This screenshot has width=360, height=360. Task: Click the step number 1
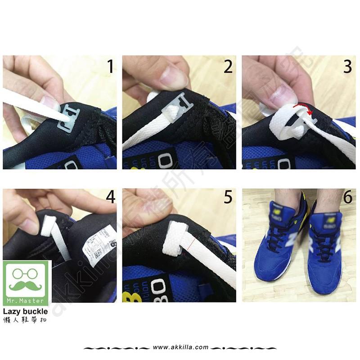coord(110,66)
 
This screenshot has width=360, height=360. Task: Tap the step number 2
coord(228,66)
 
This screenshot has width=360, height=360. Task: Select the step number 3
coord(347,66)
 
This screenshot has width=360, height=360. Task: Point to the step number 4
coord(110,198)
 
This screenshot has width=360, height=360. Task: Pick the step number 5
coord(228,198)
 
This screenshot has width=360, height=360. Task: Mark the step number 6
coord(347,198)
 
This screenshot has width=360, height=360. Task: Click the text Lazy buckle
coord(25,311)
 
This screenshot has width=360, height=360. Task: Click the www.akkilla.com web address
coord(180,347)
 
